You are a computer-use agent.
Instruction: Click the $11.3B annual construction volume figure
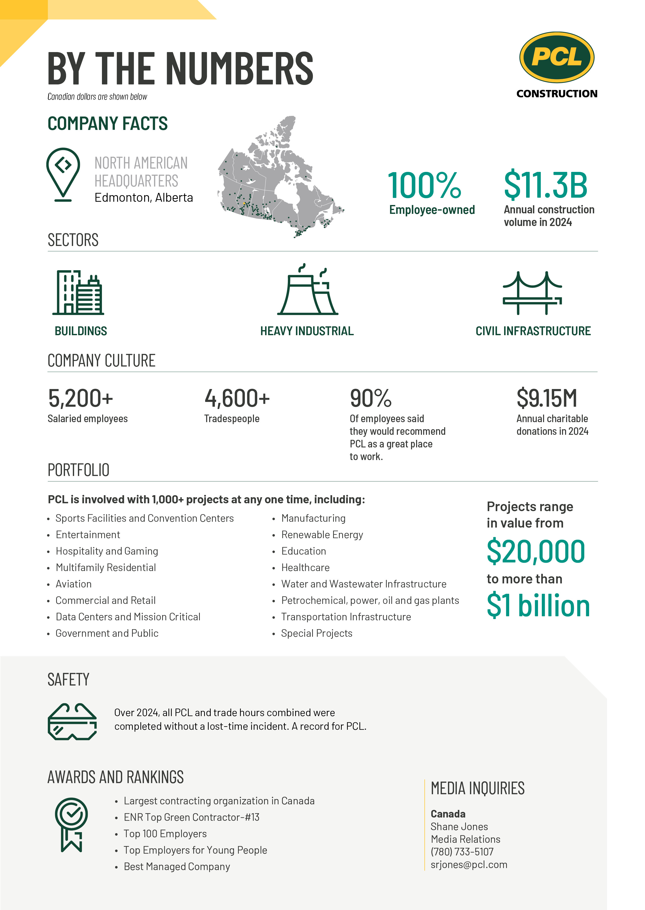pyautogui.click(x=545, y=185)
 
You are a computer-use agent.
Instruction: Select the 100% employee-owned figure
pyautogui.click(x=424, y=185)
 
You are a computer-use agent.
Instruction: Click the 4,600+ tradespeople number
pyautogui.click(x=237, y=398)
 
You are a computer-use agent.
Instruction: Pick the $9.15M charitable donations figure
pyautogui.click(x=547, y=398)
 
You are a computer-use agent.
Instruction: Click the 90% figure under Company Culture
pyautogui.click(x=371, y=398)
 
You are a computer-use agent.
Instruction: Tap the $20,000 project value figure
pyautogui.click(x=536, y=551)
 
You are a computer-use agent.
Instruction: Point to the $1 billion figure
pyautogui.click(x=538, y=606)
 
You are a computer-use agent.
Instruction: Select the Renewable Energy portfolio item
pyautogui.click(x=322, y=535)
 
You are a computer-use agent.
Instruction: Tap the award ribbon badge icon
pyautogui.click(x=72, y=824)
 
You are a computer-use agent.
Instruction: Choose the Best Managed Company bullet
pyautogui.click(x=177, y=866)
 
